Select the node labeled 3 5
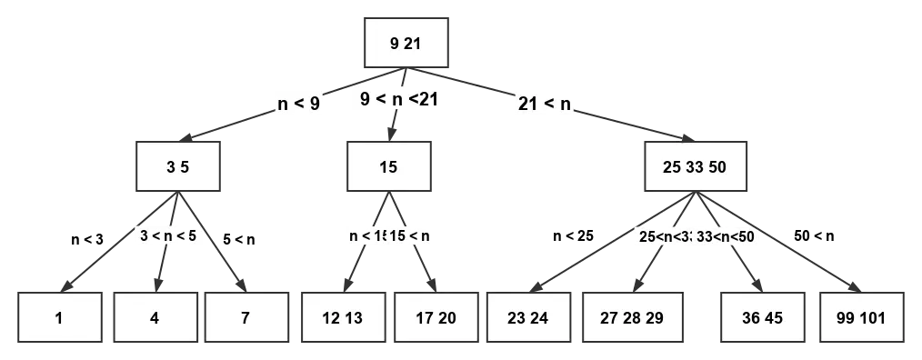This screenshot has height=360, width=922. [178, 167]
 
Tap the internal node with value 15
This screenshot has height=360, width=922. [388, 167]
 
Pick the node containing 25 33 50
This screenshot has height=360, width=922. [696, 167]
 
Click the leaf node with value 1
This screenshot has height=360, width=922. [60, 319]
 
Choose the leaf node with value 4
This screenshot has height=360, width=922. [155, 319]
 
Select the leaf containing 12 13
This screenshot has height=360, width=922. [341, 319]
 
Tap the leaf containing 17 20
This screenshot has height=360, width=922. [435, 319]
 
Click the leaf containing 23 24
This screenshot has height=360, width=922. [529, 319]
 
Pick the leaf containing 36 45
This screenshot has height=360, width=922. [762, 319]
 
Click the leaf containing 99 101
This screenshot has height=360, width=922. [860, 319]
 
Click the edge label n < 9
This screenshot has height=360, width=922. [298, 103]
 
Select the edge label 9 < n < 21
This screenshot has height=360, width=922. [399, 100]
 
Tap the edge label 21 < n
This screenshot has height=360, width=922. [544, 103]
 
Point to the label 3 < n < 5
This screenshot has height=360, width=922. [169, 235]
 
